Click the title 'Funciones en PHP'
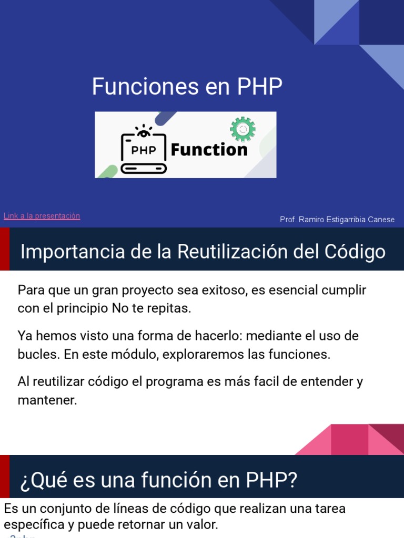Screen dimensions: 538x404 187,87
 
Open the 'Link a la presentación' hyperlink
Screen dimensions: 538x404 42,216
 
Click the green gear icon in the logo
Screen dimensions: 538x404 243,129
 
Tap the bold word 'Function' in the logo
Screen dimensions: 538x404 209,150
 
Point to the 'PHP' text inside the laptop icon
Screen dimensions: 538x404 144,150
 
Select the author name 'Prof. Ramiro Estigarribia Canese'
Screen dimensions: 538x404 337,220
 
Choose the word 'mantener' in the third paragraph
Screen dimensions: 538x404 47,400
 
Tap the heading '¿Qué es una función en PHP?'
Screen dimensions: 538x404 159,480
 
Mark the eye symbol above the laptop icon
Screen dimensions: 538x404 143,129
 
